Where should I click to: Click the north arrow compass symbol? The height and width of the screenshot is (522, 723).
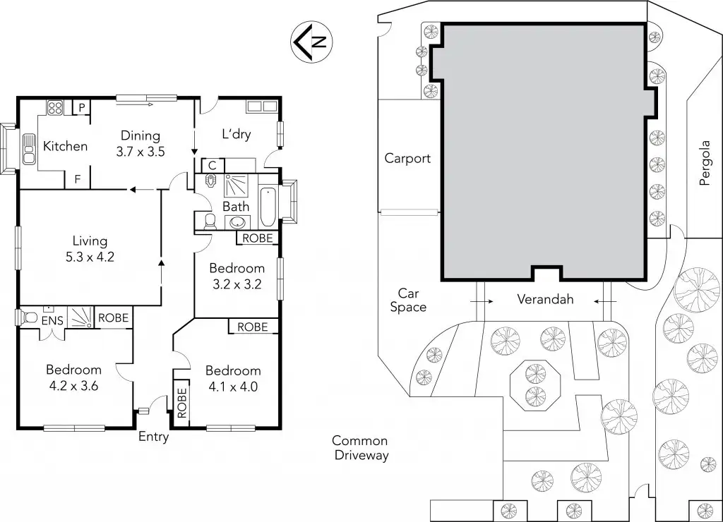311,41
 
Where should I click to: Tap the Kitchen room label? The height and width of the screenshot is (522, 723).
66,146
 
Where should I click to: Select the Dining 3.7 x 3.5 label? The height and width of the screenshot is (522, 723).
141,143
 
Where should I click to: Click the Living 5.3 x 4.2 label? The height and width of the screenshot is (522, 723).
90,249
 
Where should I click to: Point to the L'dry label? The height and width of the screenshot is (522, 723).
237,134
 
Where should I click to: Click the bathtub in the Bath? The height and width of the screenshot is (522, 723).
269,205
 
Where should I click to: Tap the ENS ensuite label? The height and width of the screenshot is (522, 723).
52,321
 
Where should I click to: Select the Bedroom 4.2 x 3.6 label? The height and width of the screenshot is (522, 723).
73,377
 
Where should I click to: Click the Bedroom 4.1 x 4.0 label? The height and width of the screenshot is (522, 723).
232,378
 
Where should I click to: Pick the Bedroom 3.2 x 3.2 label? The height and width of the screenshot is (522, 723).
237,277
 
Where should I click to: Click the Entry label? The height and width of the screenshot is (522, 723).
153,437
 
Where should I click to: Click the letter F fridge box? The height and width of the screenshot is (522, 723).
78,179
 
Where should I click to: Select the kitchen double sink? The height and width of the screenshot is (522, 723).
28,149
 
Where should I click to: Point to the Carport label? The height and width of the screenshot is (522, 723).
407,158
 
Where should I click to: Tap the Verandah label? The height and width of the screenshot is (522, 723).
545,299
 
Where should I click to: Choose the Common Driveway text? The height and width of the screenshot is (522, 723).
361,448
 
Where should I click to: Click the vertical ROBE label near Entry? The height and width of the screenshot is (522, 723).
181,403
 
